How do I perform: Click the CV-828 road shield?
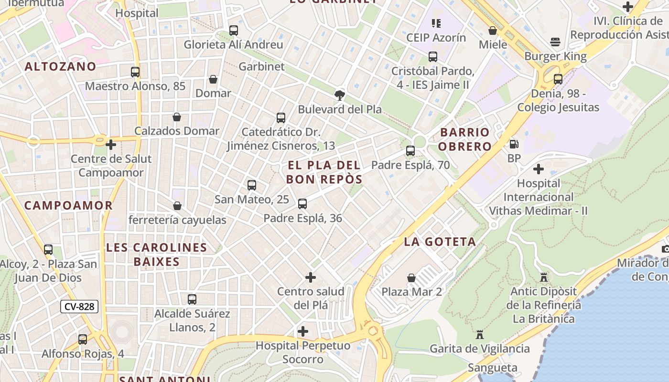pos(79,307)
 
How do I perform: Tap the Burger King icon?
pos(555,42)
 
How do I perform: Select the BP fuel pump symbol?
pos(514,144)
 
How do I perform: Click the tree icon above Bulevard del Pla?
pos(340,95)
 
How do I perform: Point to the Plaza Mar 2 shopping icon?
pos(411,277)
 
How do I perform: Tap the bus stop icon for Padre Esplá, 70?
pos(410,151)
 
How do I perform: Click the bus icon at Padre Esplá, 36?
pos(302,204)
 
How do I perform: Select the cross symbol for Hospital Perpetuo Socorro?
pos(302,331)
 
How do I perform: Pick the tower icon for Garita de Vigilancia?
pos(480,335)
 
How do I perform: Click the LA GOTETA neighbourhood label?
pos(440,242)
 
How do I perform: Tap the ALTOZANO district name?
pos(60,66)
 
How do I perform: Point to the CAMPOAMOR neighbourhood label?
pos(68,206)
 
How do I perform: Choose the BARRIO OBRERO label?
pos(465,139)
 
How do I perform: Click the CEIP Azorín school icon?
pos(436,23)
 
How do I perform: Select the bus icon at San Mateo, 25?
pos(251,185)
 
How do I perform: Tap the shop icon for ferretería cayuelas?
pos(177,206)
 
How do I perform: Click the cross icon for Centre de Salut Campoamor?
pos(111,144)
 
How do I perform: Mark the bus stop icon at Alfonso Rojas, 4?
pos(83,340)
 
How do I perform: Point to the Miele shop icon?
pos(493,31)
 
